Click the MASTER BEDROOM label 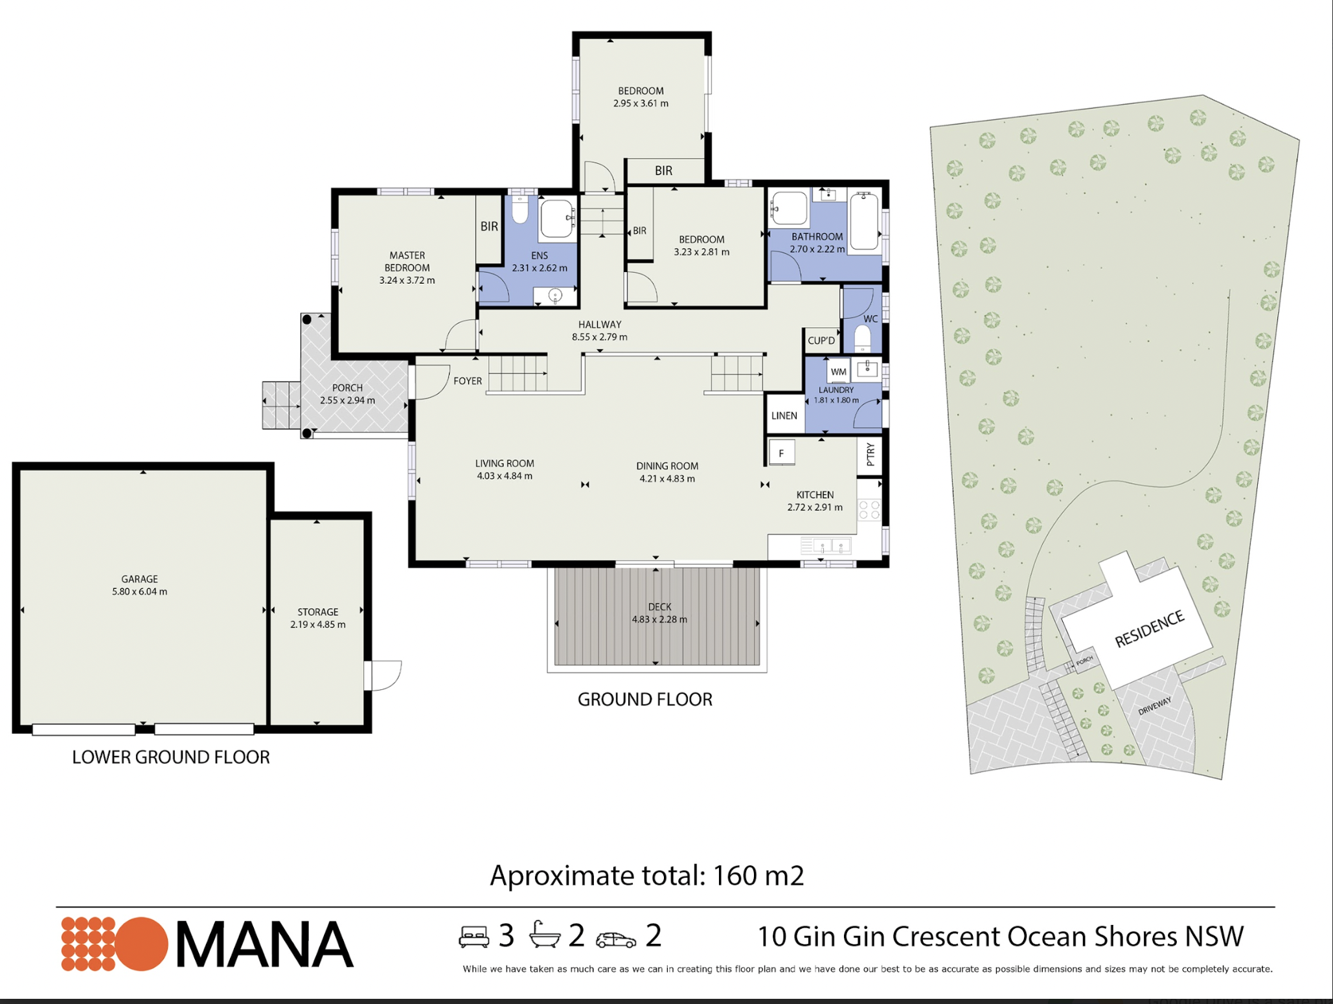point(407,262)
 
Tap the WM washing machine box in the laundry point(838,371)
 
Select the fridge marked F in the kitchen point(781,453)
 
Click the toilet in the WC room point(863,338)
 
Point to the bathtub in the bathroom point(864,221)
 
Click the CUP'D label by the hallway point(821,341)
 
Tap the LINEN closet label point(784,416)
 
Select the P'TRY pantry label point(870,455)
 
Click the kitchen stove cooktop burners point(869,510)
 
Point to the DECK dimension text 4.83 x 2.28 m point(659,619)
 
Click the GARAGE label point(139,579)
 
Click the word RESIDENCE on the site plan point(1149,628)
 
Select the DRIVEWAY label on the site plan point(1155,705)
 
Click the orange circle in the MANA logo point(142,944)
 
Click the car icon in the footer point(616,940)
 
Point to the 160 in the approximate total point(735,876)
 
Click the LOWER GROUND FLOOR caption point(171,757)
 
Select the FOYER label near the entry point(468,381)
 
